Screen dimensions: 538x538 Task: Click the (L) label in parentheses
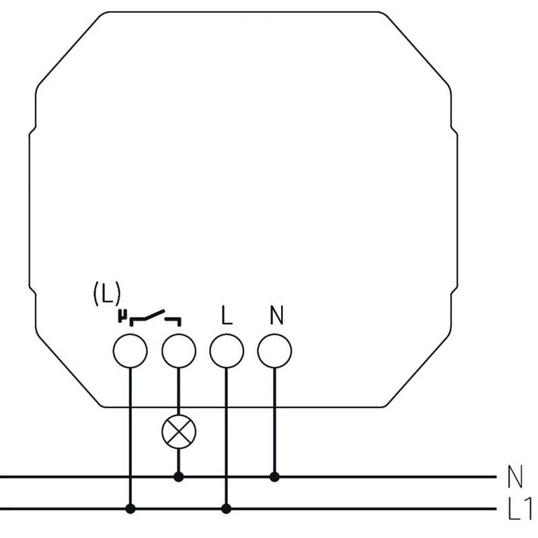pos(107,293)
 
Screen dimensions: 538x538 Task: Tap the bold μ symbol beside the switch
pos(122,316)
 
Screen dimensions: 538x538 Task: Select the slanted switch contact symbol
pos(155,318)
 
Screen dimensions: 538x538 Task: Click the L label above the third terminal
pos(227,315)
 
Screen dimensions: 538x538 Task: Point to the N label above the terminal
pos(276,315)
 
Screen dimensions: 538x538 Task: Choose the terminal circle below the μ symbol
pos(130,351)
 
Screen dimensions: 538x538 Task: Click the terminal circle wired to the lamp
pos(179,351)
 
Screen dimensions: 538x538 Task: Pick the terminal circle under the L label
pos(227,351)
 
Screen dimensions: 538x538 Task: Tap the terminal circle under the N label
pos(274,351)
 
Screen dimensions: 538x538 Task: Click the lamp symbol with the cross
pos(179,431)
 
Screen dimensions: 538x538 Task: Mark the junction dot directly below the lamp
pos(178,477)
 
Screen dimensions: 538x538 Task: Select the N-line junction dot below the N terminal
pos(274,477)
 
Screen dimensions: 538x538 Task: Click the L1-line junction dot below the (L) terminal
pos(130,508)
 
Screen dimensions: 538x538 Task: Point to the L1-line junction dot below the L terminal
pos(226,508)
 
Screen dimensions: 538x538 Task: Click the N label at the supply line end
pos(514,477)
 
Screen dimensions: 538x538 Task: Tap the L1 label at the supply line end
pos(518,508)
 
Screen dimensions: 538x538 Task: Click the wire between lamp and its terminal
pos(178,391)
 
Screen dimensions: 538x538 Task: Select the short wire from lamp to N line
pos(178,460)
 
